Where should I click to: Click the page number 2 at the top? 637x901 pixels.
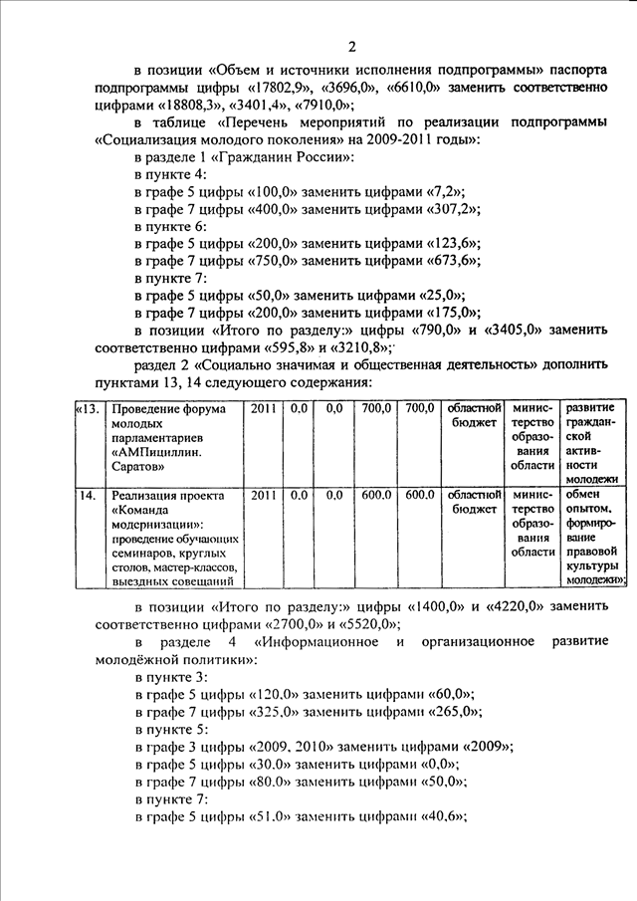351,46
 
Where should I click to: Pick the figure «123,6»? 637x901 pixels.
453,243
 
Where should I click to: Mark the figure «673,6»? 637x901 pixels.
453,261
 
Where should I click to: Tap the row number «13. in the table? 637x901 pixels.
89,408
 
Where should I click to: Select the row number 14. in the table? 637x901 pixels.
87,495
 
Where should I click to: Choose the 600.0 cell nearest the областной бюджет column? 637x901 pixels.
420,495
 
